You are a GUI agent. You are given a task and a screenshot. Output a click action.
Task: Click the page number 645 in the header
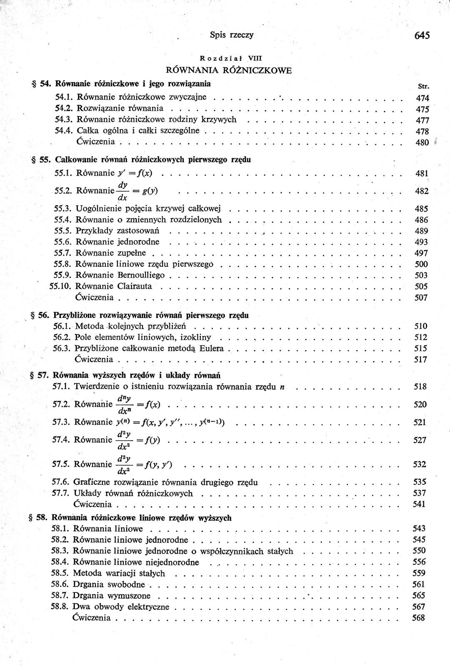click(x=422, y=35)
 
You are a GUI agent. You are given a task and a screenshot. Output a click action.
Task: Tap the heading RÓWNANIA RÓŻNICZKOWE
click(x=229, y=70)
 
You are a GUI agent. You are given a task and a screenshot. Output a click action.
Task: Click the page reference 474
click(x=422, y=98)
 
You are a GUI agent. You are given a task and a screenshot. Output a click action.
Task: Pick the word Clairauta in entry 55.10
click(x=135, y=286)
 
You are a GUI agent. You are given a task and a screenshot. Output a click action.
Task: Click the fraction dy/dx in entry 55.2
click(x=123, y=191)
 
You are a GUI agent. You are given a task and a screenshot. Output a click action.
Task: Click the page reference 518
click(x=420, y=386)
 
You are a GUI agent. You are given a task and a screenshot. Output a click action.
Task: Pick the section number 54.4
click(x=64, y=130)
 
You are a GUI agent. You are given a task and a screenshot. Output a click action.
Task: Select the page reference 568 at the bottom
click(x=418, y=618)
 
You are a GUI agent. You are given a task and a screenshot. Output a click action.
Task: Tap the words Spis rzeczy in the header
click(x=232, y=35)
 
